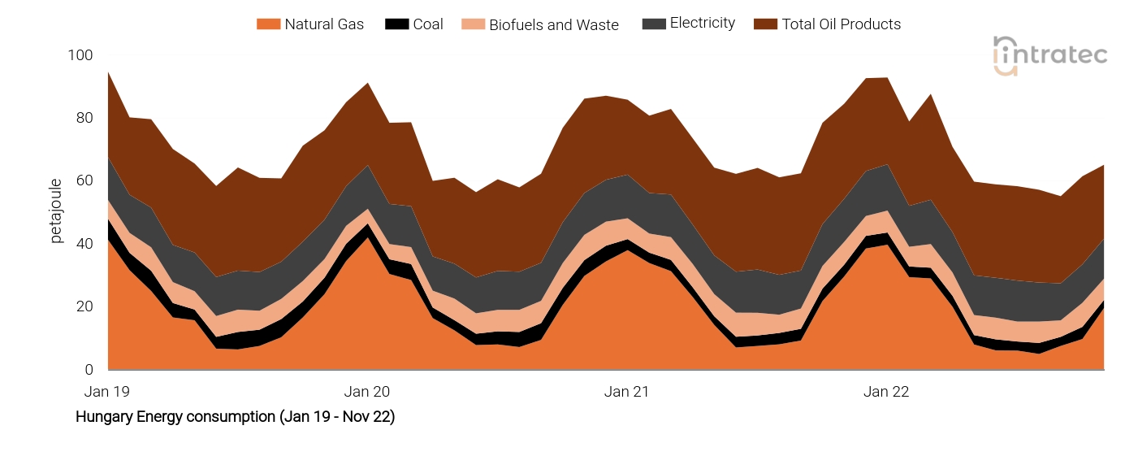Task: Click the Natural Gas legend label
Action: click(324, 24)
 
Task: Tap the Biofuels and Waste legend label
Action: click(553, 24)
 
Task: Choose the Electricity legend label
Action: click(702, 24)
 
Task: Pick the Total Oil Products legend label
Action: click(841, 24)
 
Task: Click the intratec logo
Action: click(1049, 56)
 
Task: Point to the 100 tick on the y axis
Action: click(81, 55)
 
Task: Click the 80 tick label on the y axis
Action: click(84, 118)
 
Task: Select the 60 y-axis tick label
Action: click(84, 180)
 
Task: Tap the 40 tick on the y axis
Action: click(84, 244)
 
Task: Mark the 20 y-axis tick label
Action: click(84, 306)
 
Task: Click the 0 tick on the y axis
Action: click(89, 370)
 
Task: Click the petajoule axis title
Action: click(56, 211)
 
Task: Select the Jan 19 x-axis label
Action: click(107, 392)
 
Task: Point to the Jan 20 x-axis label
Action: click(367, 392)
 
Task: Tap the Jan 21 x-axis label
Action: click(626, 392)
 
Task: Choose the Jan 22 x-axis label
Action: click(886, 392)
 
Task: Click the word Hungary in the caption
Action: click(102, 417)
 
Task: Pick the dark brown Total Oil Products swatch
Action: click(765, 24)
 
